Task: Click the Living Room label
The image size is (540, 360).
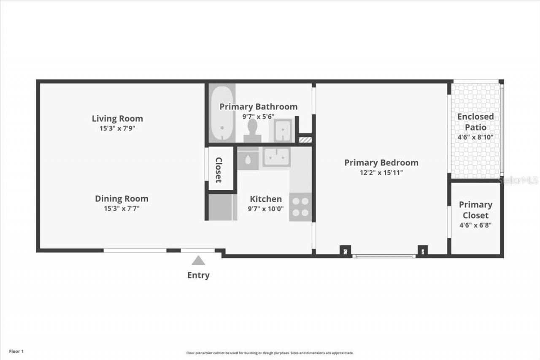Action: [x=117, y=119]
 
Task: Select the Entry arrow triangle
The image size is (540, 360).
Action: [x=198, y=261]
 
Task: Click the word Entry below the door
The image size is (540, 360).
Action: [x=198, y=276]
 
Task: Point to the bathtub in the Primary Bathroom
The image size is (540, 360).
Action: [x=222, y=114]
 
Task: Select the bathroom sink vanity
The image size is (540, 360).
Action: [x=281, y=130]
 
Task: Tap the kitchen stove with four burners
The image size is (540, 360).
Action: [x=300, y=207]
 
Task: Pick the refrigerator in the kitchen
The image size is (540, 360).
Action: [x=223, y=207]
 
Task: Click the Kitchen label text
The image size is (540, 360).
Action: [x=266, y=199]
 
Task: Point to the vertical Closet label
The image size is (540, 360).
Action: [x=219, y=170]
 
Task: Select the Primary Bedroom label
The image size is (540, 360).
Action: [x=381, y=162]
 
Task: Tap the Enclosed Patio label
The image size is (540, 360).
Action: [x=475, y=122]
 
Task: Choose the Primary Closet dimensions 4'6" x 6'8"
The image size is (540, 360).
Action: [x=475, y=225]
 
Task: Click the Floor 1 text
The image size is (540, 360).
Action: [x=16, y=351]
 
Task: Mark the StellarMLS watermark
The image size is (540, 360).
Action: [x=518, y=180]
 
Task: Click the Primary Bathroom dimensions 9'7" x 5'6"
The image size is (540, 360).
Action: [x=258, y=116]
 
